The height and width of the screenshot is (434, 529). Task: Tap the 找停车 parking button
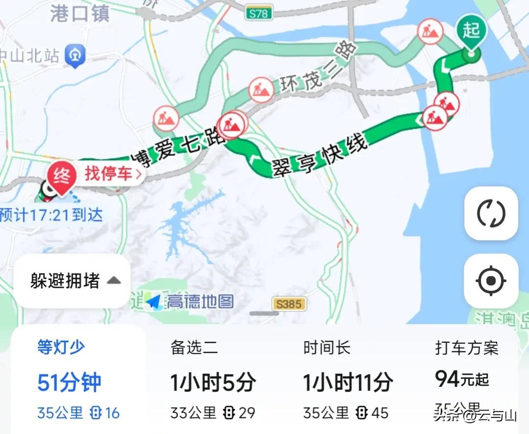coord(113,174)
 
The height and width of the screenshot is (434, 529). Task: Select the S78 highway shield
coord(258,13)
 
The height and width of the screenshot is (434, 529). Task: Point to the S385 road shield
coord(289,304)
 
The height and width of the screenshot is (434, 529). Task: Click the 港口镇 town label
coord(79,14)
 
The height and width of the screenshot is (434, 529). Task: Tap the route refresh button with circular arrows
coord(491,214)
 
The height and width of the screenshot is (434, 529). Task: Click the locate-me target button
coord(491,281)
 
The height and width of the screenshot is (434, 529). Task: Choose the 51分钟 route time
coord(69,383)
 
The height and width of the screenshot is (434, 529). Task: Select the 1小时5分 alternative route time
coord(213,383)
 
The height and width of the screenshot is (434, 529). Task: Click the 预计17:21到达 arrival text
coord(51,215)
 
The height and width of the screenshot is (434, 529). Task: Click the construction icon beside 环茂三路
coord(261,90)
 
